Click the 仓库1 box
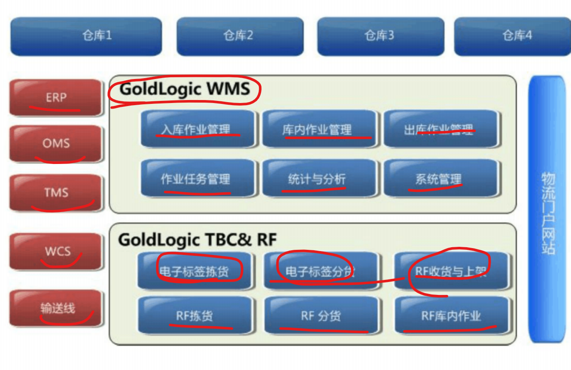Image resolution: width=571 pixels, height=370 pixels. coord(86,36)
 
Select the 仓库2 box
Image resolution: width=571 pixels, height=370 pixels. coord(240,36)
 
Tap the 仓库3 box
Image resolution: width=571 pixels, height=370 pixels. coord(380,36)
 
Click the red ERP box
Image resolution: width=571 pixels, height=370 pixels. coord(56,98)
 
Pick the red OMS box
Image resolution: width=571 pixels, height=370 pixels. coord(56,143)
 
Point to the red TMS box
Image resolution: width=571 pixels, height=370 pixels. coord(56,193)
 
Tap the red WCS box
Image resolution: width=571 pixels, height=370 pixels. coord(56,251)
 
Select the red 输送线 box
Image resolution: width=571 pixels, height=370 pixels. coord(56,308)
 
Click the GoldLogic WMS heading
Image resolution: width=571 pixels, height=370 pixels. coord(185,89)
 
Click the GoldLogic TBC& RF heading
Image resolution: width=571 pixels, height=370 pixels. coord(197,240)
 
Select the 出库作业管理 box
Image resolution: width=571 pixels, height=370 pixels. coord(440,129)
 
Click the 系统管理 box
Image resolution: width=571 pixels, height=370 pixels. coord(440,179)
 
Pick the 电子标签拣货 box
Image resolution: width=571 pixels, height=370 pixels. coord(194,271)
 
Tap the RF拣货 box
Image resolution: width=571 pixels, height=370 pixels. coord(194,316)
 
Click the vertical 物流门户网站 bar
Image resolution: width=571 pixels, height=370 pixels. coord(547,209)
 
